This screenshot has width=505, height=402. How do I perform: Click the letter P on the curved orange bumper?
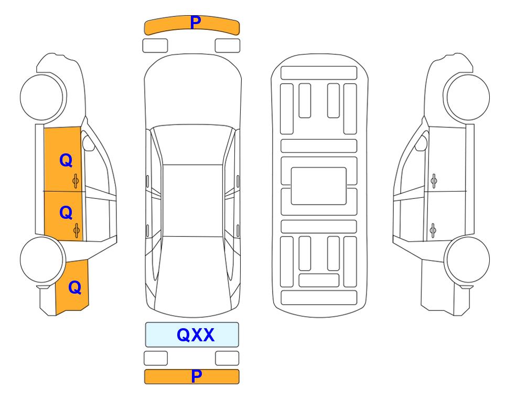point(196,22)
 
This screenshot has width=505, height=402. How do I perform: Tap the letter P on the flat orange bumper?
point(197,376)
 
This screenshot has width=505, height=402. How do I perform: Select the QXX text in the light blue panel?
point(196,335)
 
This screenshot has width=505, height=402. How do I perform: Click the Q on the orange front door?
point(66,160)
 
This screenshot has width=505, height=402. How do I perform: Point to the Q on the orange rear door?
point(66,213)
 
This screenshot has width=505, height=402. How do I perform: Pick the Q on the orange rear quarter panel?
point(74,287)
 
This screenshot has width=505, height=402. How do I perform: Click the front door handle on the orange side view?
point(76,181)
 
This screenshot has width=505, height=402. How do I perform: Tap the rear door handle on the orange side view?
point(77,230)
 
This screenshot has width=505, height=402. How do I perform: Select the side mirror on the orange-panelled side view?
point(88,143)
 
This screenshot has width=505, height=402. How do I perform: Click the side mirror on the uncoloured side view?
point(421,143)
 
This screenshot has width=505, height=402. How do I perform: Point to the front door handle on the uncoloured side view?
point(434,181)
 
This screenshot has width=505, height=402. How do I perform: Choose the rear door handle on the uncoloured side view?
point(433,230)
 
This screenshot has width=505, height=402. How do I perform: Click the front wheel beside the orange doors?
point(42,97)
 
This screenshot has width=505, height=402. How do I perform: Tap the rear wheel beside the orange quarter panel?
point(42,260)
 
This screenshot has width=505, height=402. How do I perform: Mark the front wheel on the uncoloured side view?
point(468,97)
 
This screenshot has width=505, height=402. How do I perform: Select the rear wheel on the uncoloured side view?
point(468,260)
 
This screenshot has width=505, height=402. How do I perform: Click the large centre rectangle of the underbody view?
point(318,186)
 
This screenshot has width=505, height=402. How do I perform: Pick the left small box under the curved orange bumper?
point(155,46)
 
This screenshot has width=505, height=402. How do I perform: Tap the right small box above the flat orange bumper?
point(227,358)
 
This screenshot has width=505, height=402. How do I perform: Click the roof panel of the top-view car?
point(192,200)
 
